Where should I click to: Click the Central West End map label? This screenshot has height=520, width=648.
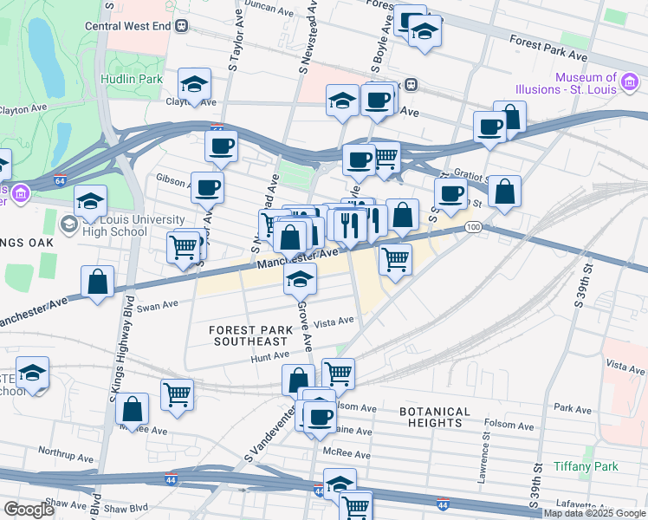click(126, 25)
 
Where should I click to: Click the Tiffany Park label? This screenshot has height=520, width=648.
click(588, 466)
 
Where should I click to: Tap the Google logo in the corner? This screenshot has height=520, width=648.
click(29, 510)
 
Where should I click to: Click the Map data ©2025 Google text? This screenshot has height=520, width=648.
click(594, 513)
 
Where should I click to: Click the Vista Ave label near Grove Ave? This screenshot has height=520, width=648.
click(334, 322)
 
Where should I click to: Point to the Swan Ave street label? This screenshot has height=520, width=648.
click(157, 305)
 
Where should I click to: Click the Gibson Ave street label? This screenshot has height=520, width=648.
click(173, 179)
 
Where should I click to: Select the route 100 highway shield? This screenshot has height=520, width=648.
click(471, 227)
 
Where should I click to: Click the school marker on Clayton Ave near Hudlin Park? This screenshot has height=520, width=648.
click(195, 84)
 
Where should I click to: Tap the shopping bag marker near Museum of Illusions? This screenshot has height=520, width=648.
click(510, 117)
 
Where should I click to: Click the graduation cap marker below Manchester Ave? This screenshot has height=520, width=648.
click(300, 278)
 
